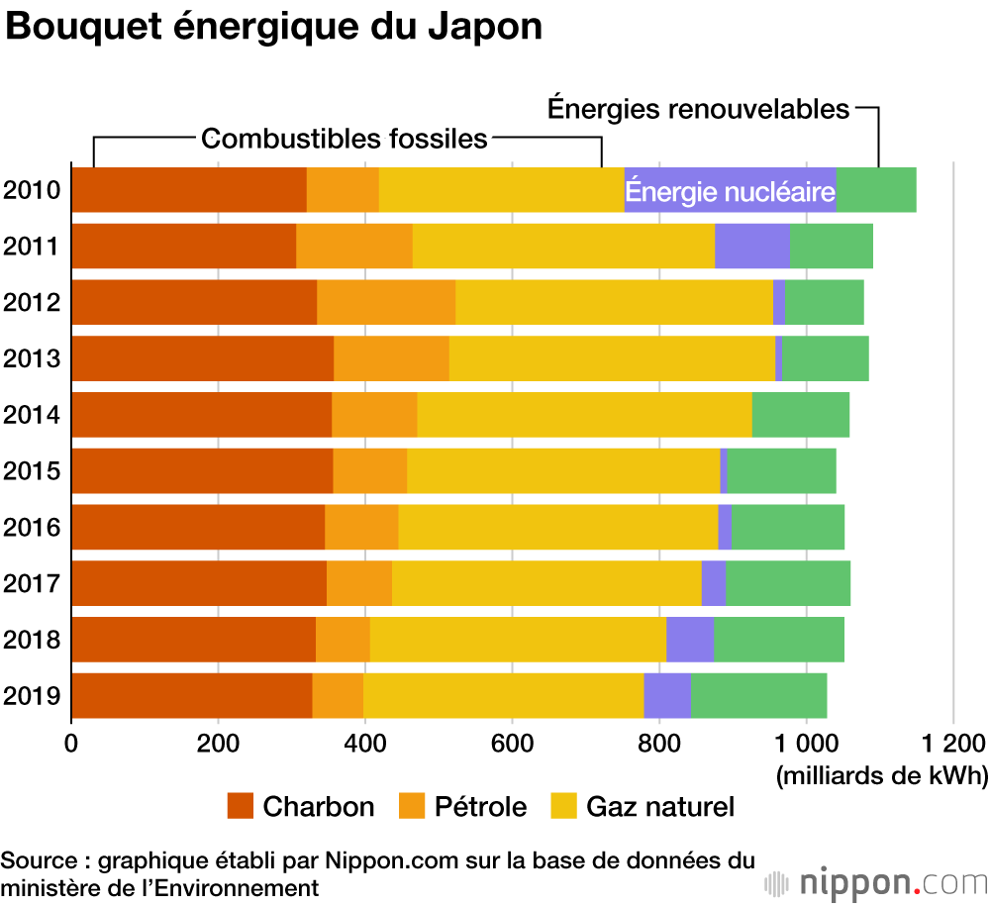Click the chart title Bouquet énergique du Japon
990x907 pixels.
(274, 28)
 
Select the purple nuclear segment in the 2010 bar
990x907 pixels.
(730, 190)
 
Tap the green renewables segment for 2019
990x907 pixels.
(758, 695)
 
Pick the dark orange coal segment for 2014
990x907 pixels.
(202, 414)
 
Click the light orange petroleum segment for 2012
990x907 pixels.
(386, 302)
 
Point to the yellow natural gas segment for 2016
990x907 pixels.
(557, 526)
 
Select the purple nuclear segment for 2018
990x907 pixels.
(690, 639)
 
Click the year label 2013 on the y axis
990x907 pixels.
(34, 357)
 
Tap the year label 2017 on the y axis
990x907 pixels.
(34, 582)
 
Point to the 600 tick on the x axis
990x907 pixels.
(511, 743)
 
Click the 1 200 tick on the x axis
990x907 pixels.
(952, 743)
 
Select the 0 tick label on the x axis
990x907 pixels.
(71, 743)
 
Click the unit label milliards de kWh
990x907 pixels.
(882, 775)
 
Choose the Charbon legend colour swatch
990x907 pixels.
(241, 807)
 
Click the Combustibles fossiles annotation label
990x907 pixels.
(345, 139)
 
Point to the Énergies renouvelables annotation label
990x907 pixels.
(699, 109)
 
